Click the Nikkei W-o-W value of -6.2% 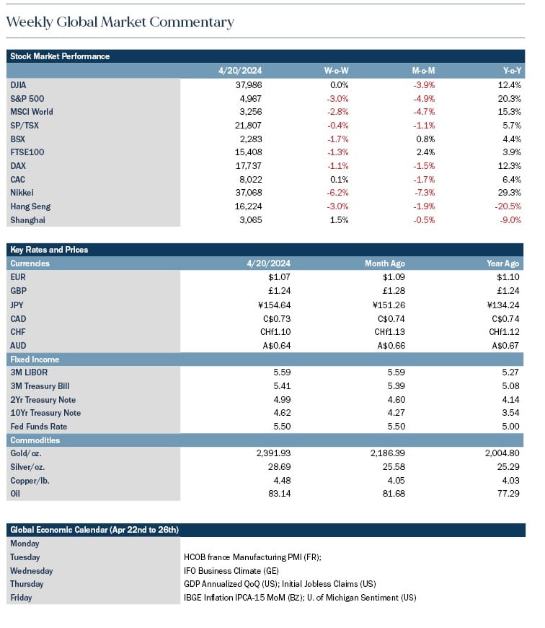[x=337, y=193]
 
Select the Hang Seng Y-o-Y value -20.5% [x=510, y=206]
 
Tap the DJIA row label [x=18, y=85]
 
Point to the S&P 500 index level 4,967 [x=251, y=98]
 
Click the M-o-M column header [x=423, y=71]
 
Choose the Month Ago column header [x=385, y=263]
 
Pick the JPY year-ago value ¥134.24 [x=503, y=305]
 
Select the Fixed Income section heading [x=35, y=359]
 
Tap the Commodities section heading [x=35, y=440]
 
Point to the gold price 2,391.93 [x=273, y=453]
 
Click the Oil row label [x=15, y=494]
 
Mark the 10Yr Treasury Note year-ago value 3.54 [x=510, y=412]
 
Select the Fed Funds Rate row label [x=39, y=427]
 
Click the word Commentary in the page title [x=192, y=22]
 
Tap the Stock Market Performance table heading [x=60, y=56]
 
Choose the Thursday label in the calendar [x=27, y=584]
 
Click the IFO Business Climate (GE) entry [x=231, y=571]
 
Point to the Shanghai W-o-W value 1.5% [x=339, y=220]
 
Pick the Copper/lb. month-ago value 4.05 [x=396, y=480]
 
